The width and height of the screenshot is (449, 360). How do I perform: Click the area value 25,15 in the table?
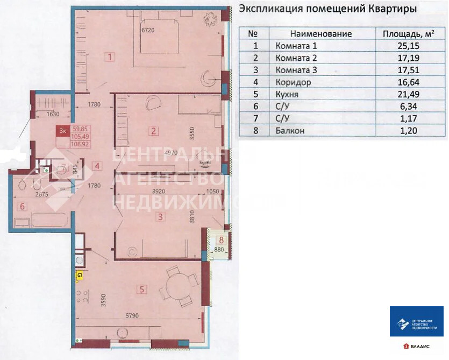[x=407, y=46]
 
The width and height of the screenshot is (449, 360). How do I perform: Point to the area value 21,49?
[x=407, y=94]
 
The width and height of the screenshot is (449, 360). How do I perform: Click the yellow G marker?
[x=80, y=276]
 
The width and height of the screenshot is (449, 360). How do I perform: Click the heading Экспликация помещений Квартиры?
[x=327, y=9]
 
